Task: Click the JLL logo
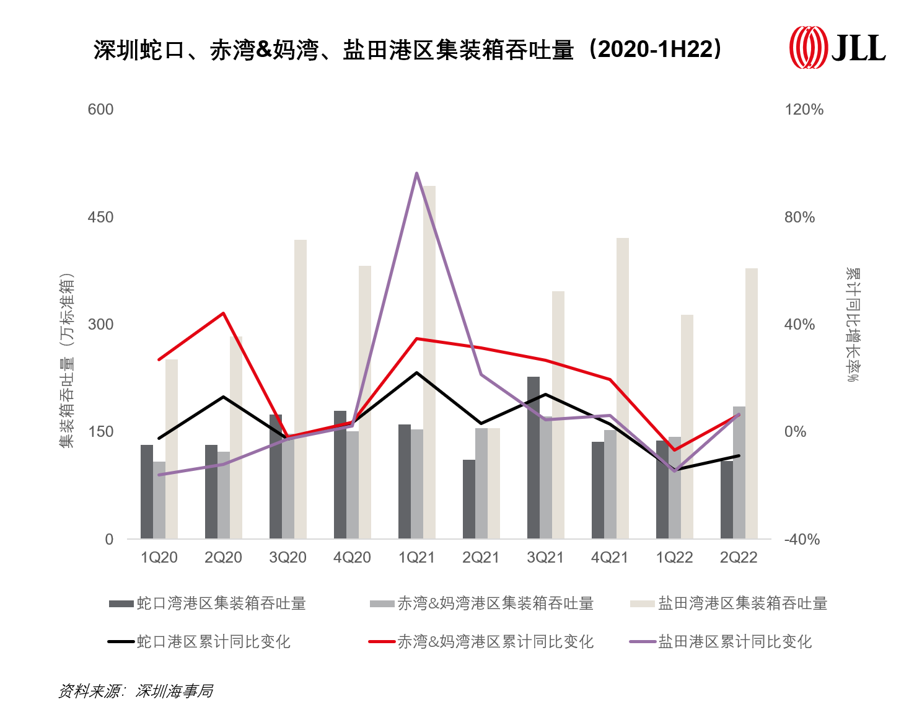[836, 47]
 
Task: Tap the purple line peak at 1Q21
[417, 173]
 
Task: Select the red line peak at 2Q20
[224, 314]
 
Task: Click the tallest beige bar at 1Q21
[429, 362]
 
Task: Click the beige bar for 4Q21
[623, 388]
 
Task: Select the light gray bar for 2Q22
[739, 472]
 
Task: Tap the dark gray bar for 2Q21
[469, 499]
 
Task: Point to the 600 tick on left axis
[100, 110]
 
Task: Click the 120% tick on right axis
[804, 110]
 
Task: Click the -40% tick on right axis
[802, 539]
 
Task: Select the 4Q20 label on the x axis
[352, 558]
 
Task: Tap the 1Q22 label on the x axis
[674, 558]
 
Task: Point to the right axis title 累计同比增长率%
[853, 325]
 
